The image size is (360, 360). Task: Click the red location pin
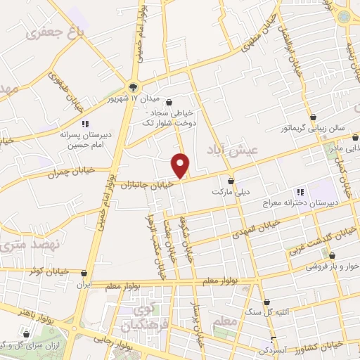point(181,165)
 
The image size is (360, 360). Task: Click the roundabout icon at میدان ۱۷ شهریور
point(134,87)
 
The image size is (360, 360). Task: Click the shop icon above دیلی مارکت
point(231,181)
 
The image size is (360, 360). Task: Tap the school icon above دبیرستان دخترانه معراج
point(300,191)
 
